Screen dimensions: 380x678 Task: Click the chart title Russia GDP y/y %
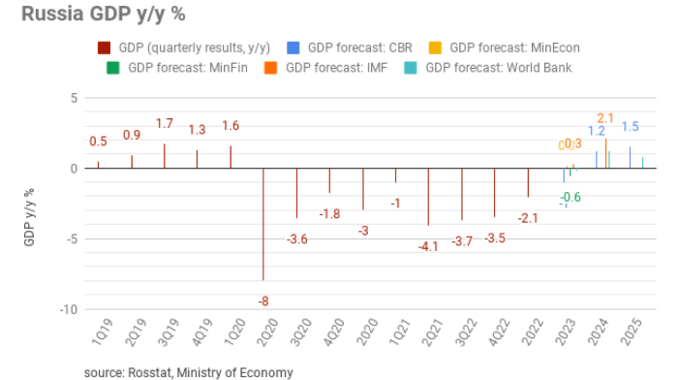(x=96, y=16)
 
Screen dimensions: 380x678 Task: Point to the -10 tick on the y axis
(x=69, y=310)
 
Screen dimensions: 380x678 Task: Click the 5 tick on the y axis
(x=73, y=98)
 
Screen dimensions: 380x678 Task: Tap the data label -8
(x=263, y=301)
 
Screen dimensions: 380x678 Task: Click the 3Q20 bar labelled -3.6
(x=296, y=194)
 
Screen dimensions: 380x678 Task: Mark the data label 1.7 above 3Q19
(x=165, y=124)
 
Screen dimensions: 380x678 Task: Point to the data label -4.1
(x=428, y=247)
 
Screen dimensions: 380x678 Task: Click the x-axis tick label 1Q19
(x=101, y=333)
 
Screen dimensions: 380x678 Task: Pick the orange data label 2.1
(x=605, y=118)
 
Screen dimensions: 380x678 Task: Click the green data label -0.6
(x=570, y=197)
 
